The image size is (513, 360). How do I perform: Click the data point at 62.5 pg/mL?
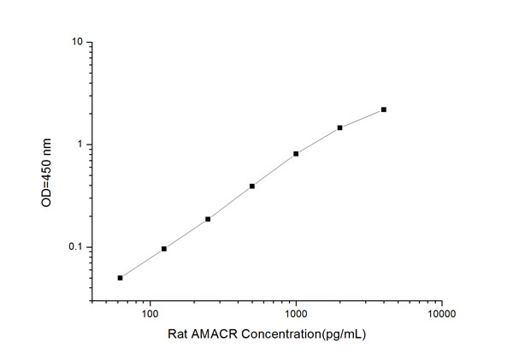pos(121,278)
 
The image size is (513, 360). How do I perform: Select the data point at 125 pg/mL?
pos(164,249)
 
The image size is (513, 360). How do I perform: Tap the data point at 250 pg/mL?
pos(208,219)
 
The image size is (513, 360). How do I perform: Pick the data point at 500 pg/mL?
pos(252,186)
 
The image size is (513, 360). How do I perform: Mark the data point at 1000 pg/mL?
pos(296,154)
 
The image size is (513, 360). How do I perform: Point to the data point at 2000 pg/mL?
pos(339,127)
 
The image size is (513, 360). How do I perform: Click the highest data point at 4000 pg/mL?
pos(384,109)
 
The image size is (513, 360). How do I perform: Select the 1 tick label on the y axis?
pos(80,145)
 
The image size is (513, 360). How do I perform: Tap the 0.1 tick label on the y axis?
pos(75,247)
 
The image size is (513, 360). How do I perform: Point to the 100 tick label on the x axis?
pos(150,313)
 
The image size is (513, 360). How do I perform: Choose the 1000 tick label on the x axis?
pos(296,313)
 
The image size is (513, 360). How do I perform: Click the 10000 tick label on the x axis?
pos(441,313)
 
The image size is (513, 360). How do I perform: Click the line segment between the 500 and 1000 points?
pos(274,170)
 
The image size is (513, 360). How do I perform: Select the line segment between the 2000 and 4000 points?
pos(362,118)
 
